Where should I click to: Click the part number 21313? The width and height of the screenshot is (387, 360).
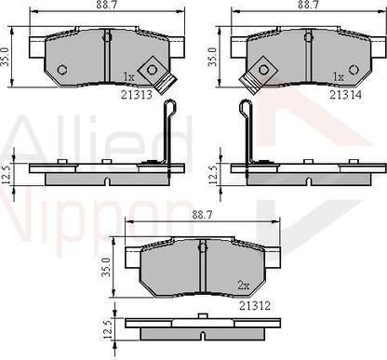138,95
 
